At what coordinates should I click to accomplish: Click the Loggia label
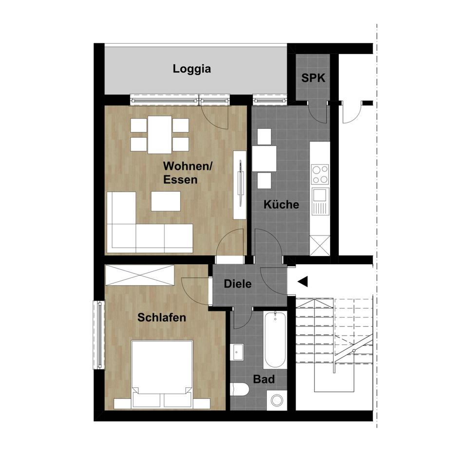tap(192, 69)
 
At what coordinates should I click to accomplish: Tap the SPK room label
tap(313, 78)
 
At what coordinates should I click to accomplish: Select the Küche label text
tap(281, 205)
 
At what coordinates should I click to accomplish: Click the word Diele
tap(238, 284)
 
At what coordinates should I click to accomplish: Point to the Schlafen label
tap(162, 318)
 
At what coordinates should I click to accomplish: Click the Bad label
tap(264, 379)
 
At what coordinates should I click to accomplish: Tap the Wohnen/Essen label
tap(187, 173)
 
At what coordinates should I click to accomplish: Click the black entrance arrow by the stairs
tap(303, 281)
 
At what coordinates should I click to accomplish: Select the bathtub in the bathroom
tap(275, 341)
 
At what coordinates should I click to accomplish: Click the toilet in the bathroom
tap(240, 389)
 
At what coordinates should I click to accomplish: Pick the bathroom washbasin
tap(237, 351)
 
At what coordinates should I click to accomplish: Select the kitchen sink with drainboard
tap(320, 202)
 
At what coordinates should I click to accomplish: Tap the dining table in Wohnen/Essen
tap(160, 134)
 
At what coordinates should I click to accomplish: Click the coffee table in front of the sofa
tap(166, 201)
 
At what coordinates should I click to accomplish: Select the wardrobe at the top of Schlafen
tap(140, 275)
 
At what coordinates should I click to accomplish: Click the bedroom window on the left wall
tap(99, 335)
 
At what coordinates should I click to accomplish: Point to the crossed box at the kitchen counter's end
tap(320, 245)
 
